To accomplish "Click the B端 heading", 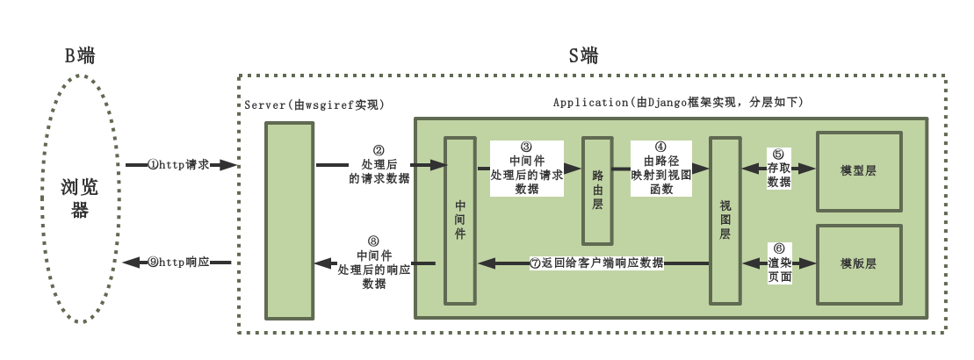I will click(79, 56).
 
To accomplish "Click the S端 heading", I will click(583, 56).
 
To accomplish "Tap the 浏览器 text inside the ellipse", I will click(80, 199).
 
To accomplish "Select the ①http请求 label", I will click(177, 164).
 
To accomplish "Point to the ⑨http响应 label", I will click(177, 263).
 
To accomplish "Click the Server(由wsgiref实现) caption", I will click(314, 104).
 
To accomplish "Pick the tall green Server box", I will click(290, 220).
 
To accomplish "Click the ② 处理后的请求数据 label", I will click(379, 164).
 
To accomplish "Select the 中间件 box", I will click(460, 220).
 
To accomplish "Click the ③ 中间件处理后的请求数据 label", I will click(526, 168).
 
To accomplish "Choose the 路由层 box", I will click(597, 191).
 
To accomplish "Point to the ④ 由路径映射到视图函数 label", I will click(661, 168).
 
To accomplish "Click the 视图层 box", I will click(725, 220).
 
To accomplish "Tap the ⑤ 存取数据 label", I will click(779, 168).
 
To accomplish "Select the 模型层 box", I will click(858, 171).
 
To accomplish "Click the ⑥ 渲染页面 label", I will click(780, 263).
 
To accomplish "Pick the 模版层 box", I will click(858, 263).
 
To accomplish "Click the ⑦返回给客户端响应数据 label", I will click(596, 263).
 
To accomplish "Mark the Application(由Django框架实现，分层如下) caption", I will click(677, 103).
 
